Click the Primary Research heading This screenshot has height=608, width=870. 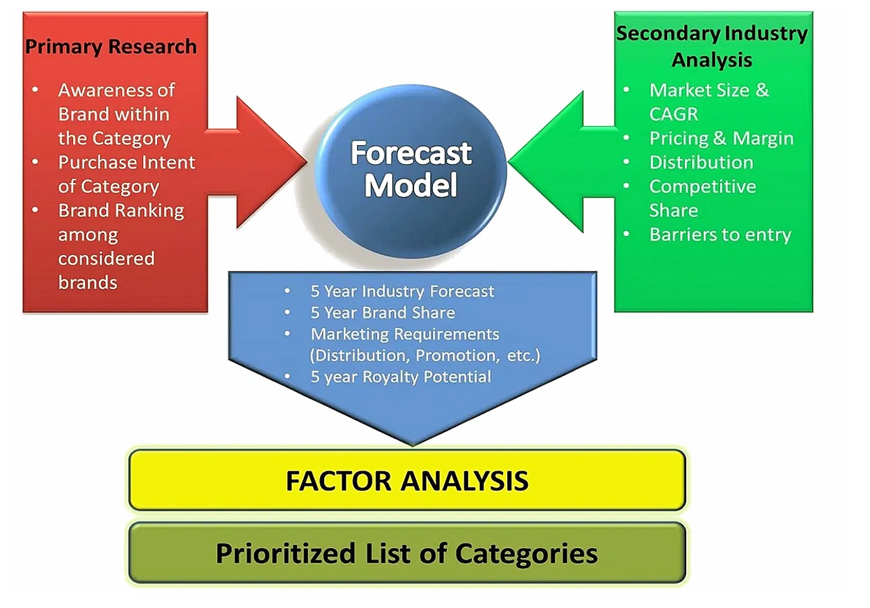(x=111, y=47)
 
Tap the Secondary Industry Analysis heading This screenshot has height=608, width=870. (x=711, y=46)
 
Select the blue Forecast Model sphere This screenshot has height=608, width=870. (x=411, y=168)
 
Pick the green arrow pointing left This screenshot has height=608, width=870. (x=554, y=161)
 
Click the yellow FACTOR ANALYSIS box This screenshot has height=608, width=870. (x=407, y=480)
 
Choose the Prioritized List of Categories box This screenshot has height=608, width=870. (x=407, y=553)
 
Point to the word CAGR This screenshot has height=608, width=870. (x=674, y=114)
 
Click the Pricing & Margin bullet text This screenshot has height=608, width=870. (x=721, y=138)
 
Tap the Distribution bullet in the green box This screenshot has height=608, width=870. (x=701, y=162)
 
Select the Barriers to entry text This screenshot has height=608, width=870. (x=720, y=234)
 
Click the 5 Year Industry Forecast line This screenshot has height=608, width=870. (x=402, y=291)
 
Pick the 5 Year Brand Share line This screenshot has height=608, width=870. (x=382, y=313)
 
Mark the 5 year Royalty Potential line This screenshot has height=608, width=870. (x=401, y=377)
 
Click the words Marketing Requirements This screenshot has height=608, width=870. (x=405, y=334)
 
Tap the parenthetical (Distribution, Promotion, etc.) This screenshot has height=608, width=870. (x=424, y=355)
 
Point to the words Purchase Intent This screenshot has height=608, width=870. (x=126, y=162)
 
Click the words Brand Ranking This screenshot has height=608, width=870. (x=121, y=210)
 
